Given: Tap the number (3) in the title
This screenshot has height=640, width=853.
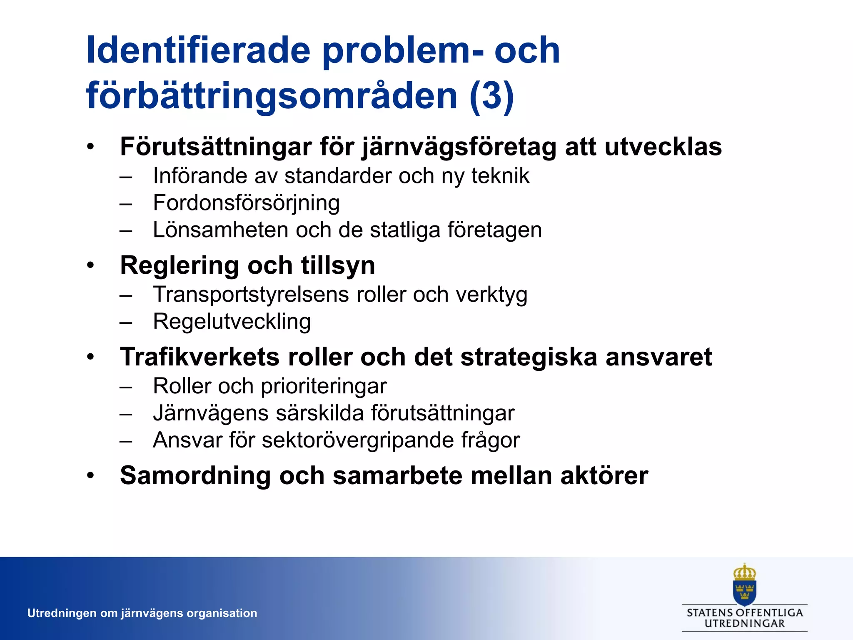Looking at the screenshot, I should [491, 95].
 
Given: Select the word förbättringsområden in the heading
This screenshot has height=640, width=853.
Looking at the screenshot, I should [272, 95].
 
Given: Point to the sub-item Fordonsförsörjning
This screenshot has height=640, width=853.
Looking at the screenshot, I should [246, 203].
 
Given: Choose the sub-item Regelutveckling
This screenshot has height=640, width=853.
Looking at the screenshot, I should [232, 321].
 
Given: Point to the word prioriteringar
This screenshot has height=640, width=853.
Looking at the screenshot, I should [324, 386].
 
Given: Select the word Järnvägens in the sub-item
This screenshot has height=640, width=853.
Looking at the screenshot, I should [210, 413].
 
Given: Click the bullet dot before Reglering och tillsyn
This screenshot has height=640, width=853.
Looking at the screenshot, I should [91, 265].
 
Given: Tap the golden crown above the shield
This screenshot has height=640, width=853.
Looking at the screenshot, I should [744, 572].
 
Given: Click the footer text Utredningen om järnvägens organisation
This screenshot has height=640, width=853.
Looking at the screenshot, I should [142, 613].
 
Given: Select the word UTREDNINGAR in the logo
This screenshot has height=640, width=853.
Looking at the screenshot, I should [744, 624].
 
